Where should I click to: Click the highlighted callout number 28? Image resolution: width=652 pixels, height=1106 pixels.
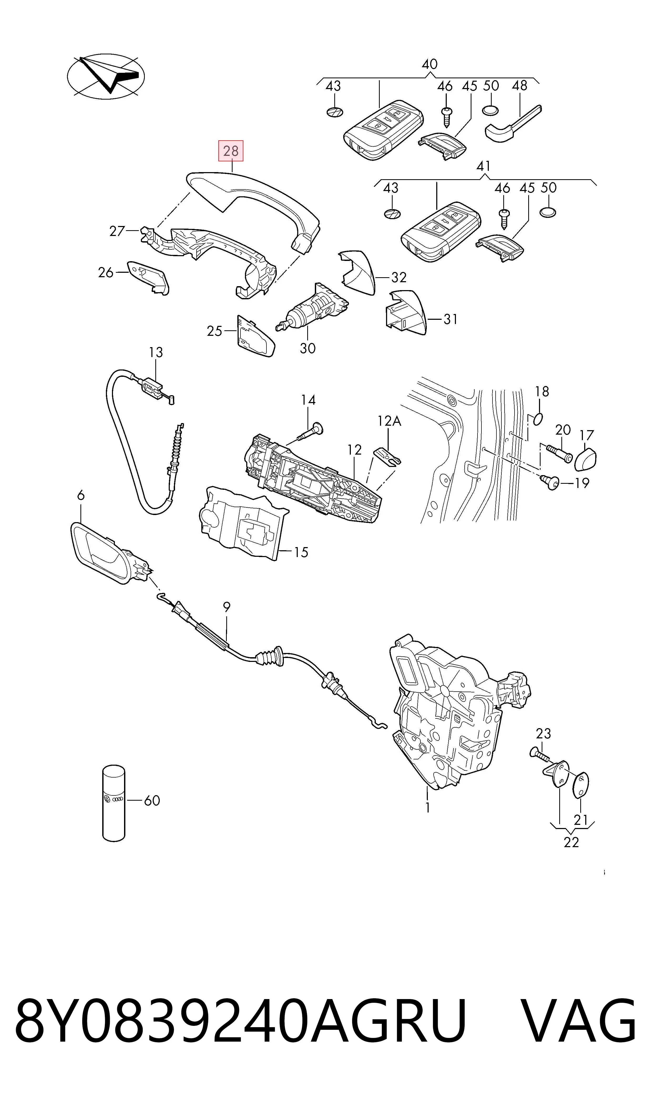coord(231,151)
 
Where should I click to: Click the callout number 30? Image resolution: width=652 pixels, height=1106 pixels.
coord(307,348)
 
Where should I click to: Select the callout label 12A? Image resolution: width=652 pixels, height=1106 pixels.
coord(389,421)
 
